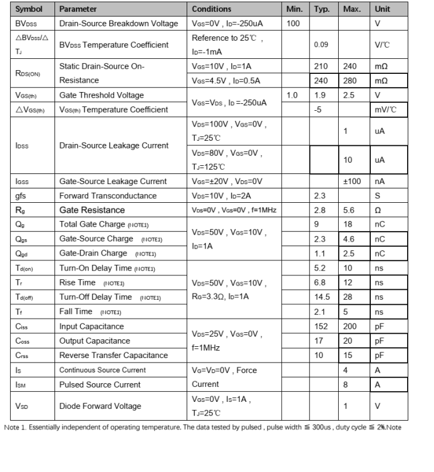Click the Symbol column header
point(29,9)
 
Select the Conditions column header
point(211,9)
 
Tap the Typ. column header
point(322,9)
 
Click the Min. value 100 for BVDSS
point(292,24)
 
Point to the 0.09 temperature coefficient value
point(321,45)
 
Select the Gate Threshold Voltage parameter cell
point(101,95)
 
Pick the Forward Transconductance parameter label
point(105,196)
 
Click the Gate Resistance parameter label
point(92,210)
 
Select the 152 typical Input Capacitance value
point(321,326)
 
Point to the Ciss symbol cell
point(22,326)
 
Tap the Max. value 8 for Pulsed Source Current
point(346,384)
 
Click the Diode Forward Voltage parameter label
point(100,406)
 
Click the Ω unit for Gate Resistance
point(378,210)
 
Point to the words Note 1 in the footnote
point(14,428)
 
